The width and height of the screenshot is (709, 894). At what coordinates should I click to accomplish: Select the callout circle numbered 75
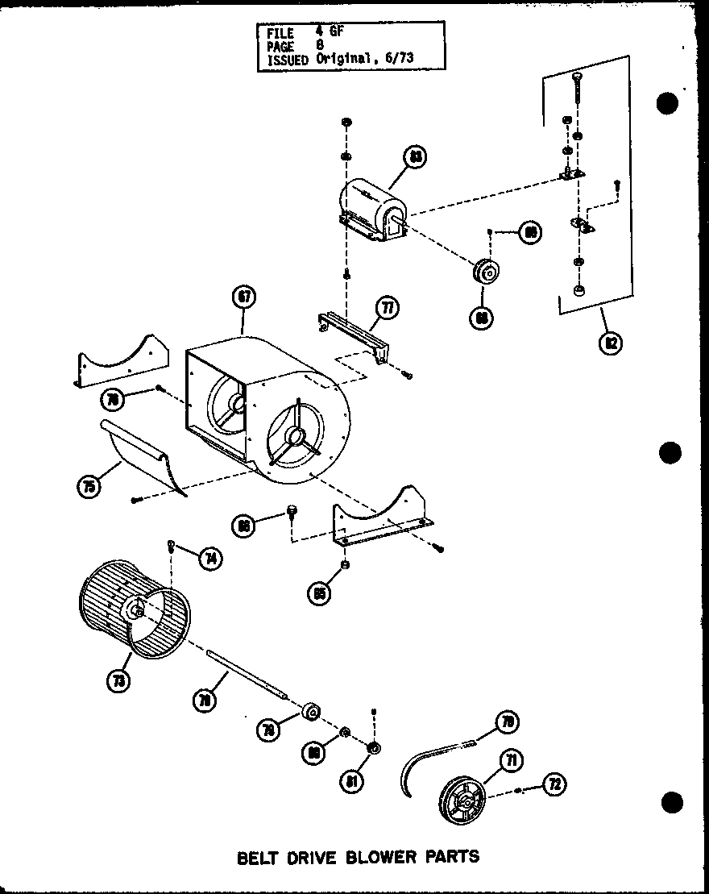(89, 486)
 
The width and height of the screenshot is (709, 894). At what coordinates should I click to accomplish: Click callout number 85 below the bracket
(320, 594)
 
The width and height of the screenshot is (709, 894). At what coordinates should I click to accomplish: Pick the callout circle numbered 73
(120, 682)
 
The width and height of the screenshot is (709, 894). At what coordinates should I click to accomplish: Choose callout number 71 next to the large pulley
(509, 759)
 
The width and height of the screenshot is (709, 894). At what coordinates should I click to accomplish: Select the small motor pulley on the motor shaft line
(487, 272)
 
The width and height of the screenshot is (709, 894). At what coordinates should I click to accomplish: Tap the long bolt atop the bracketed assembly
(578, 93)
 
